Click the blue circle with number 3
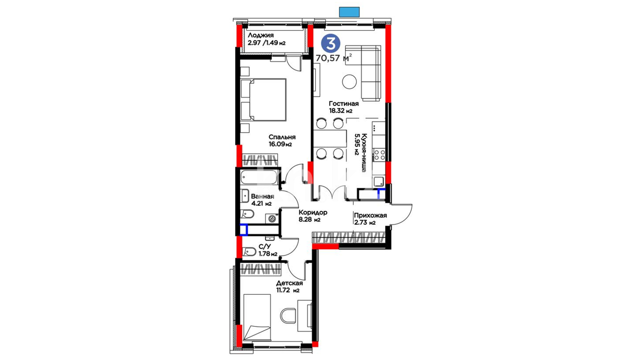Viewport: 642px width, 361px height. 330,44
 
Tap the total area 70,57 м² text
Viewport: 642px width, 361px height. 334,58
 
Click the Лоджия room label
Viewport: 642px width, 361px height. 261,35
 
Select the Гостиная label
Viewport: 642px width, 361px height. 344,104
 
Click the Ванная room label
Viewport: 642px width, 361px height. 262,197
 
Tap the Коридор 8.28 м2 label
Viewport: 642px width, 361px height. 313,216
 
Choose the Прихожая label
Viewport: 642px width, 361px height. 370,215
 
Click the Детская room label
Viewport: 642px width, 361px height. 289,283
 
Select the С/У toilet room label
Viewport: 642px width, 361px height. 265,247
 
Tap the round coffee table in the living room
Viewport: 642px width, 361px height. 349,82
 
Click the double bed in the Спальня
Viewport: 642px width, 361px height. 263,100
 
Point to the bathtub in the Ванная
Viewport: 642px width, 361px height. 259,177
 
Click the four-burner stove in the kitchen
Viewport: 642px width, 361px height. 380,155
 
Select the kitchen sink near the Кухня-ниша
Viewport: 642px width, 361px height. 379,182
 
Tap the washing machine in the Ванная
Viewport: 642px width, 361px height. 272,218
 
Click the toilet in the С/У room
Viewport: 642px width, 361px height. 249,251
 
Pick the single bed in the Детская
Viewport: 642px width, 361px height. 257,318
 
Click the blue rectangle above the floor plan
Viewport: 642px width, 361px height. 349,12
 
